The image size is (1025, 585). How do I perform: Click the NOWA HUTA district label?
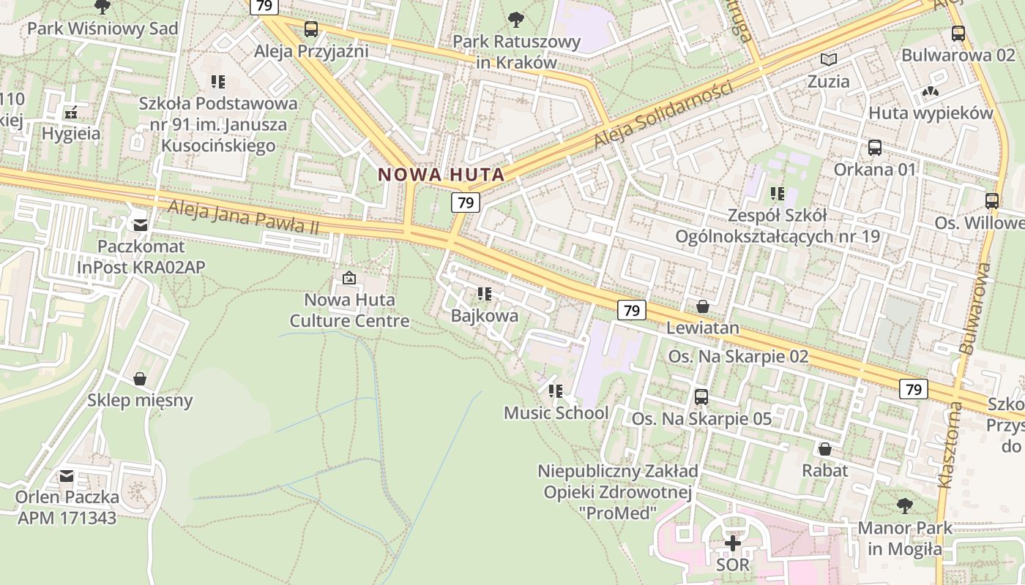(x=441, y=175)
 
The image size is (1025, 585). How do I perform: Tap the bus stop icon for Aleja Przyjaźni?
(x=311, y=29)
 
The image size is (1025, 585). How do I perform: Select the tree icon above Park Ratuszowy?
(x=516, y=19)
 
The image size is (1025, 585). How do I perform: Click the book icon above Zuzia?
(x=829, y=59)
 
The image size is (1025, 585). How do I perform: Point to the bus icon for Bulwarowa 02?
(x=958, y=33)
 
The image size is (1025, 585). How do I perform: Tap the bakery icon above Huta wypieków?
(x=931, y=91)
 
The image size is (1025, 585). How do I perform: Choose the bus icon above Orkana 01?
(x=875, y=147)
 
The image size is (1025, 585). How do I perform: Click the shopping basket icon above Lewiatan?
(x=703, y=306)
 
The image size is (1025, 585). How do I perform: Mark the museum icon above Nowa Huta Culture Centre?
(x=349, y=278)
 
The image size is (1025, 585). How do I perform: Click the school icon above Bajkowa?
(x=484, y=294)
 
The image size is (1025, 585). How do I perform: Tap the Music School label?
(x=556, y=412)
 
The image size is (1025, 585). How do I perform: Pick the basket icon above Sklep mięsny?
(x=140, y=379)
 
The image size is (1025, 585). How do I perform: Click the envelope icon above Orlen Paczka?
(x=67, y=476)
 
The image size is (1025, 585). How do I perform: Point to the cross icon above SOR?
(x=733, y=543)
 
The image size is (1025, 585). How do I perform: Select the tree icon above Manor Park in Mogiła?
(x=905, y=505)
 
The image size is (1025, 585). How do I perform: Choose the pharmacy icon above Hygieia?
(x=71, y=113)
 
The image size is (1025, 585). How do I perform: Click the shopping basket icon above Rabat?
(x=825, y=448)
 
